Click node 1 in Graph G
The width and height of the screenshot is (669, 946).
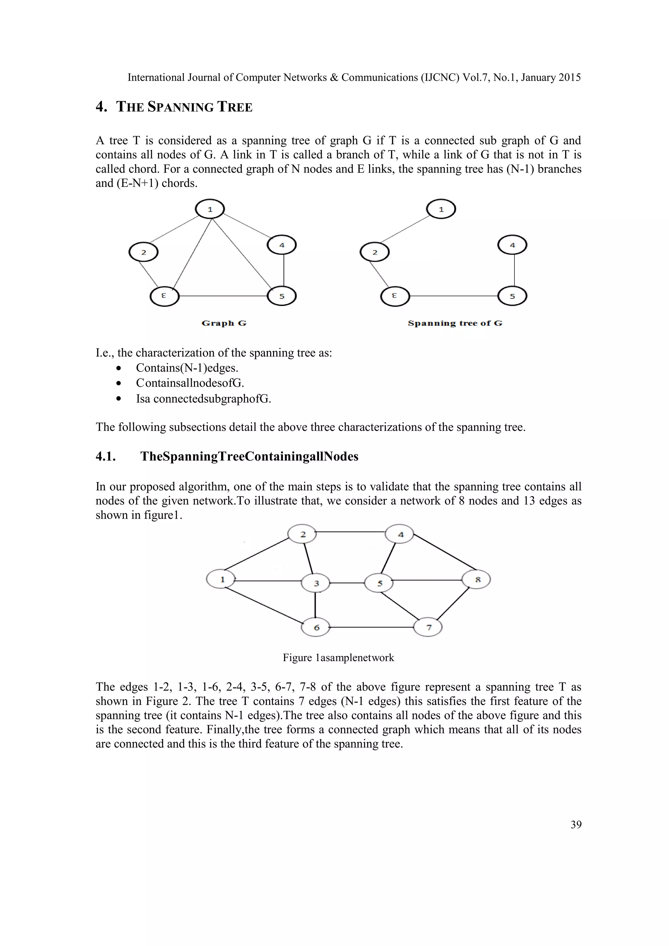210,209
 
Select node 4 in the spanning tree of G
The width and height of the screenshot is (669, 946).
513,245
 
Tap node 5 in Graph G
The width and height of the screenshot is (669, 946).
282,296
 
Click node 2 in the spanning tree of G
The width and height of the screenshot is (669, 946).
374,252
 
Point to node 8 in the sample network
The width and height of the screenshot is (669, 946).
476,580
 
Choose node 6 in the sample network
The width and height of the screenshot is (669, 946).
316,628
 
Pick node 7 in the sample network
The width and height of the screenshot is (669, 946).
428,628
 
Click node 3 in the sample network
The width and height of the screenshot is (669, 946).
316,583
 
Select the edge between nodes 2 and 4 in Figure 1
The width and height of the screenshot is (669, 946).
351,532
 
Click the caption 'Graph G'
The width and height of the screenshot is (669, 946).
224,323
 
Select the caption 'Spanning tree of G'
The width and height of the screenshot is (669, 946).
455,323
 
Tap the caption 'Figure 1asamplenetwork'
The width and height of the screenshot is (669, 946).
338,658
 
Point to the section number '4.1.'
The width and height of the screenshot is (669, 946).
106,457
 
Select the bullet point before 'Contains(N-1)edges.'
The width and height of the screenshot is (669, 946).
119,368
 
